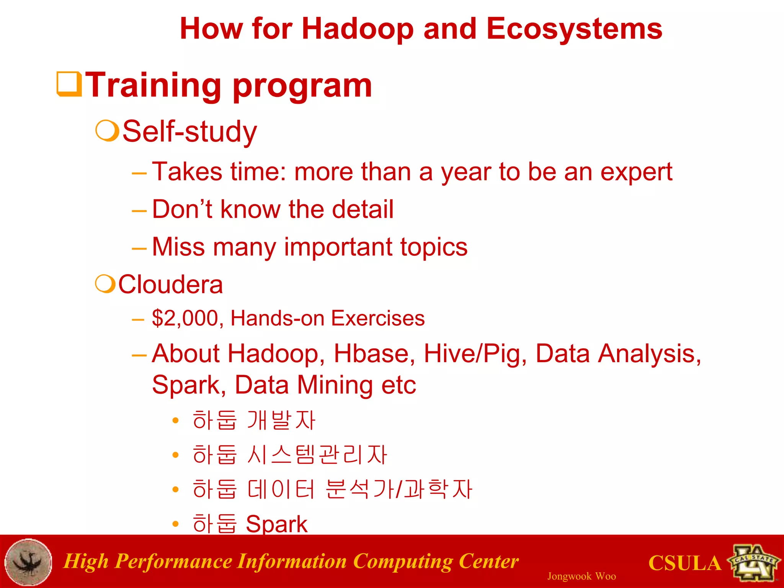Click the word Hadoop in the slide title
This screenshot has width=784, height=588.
[358, 29]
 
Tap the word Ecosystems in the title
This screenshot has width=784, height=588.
[574, 29]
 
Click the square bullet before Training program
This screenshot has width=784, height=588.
[69, 84]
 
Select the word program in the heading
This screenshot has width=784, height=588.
[302, 86]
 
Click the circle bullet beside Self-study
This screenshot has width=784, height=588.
[107, 131]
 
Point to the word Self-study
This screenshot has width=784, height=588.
[189, 131]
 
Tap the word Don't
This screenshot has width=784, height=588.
[182, 209]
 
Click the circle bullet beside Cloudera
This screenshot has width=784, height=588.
[105, 284]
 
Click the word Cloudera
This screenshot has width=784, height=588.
[170, 284]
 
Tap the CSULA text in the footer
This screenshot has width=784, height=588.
[684, 563]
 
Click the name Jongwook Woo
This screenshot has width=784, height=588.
[581, 576]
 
